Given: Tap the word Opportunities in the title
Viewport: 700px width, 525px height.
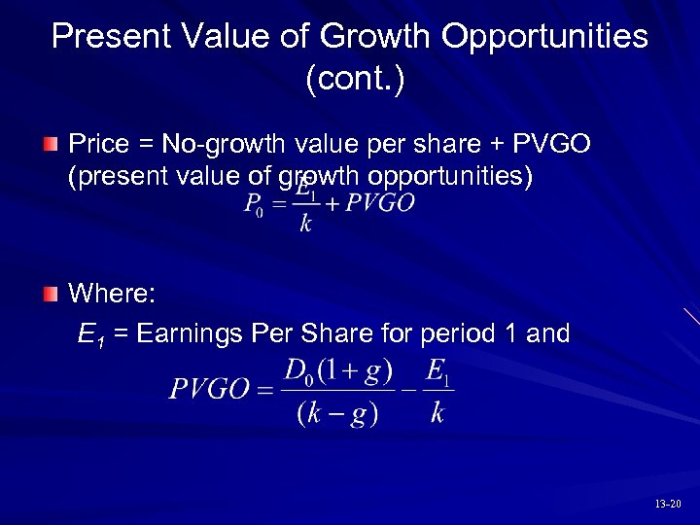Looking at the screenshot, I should pos(544,36).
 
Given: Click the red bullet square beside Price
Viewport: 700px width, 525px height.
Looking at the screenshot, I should pos(51,145).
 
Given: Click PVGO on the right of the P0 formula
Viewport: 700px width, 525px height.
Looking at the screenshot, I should pos(380,203).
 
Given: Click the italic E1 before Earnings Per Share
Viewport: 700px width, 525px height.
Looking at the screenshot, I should pos(90,335).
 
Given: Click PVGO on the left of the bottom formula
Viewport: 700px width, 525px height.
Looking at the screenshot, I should pos(209,390).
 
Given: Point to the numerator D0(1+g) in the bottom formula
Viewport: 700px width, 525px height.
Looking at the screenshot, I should pos(337,371).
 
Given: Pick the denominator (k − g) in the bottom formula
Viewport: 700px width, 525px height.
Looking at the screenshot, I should pos(337,412).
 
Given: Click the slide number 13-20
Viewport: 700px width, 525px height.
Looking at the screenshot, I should pos(668,505).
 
